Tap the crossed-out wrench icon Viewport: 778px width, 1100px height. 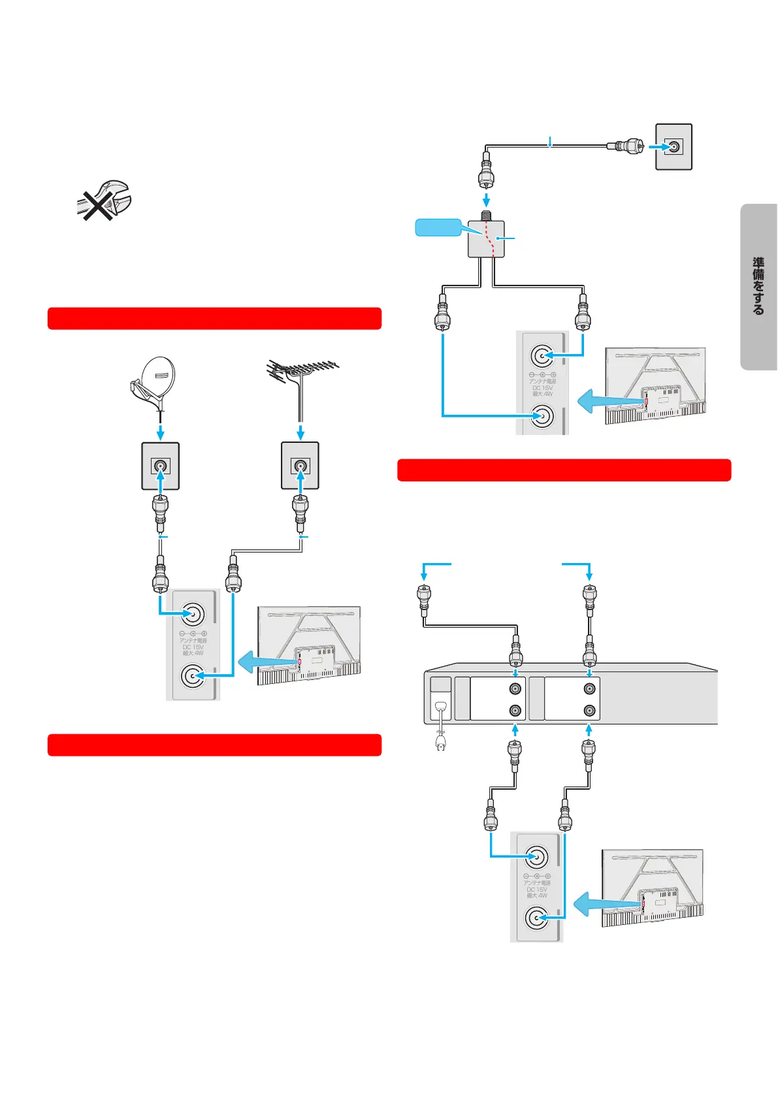click(103, 200)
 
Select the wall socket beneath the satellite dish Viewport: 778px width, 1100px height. click(161, 466)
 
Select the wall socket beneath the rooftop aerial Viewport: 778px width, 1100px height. click(300, 466)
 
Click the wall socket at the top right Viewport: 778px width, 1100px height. click(673, 147)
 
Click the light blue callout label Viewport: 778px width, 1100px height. click(438, 227)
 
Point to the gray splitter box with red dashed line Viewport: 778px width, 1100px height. click(486, 238)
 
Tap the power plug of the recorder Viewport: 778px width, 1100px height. click(441, 743)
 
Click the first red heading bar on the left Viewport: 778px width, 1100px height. click(214, 318)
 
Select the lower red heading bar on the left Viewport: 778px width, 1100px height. click(214, 745)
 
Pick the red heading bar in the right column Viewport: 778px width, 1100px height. click(564, 470)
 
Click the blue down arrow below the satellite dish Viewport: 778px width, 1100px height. click(161, 432)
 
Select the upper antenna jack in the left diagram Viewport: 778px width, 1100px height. click(193, 613)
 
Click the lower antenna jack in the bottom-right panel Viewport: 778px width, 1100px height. click(536, 917)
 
